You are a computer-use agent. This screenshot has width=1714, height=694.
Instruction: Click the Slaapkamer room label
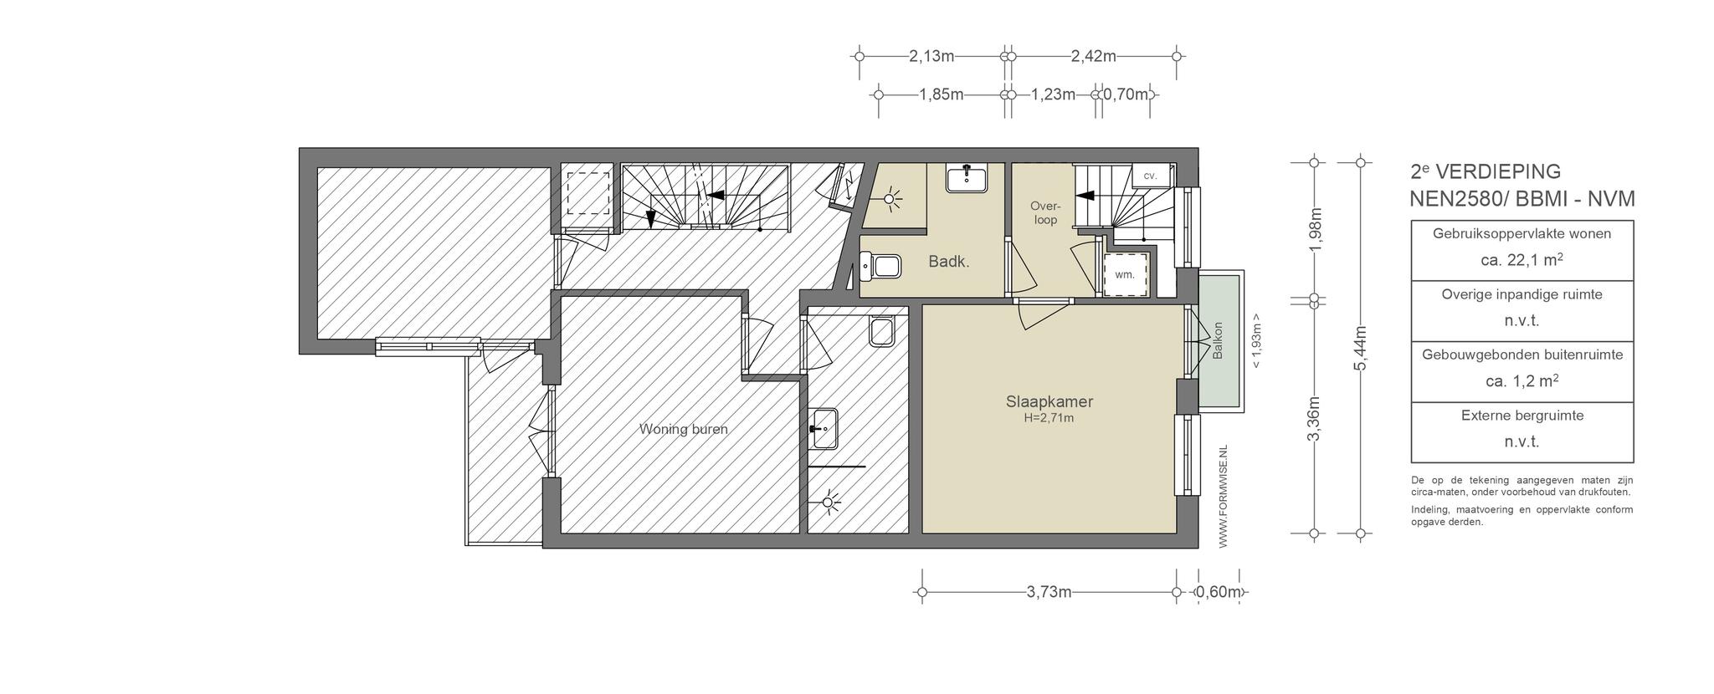click(x=1049, y=402)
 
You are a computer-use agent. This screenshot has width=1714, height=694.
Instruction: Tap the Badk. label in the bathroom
click(x=949, y=262)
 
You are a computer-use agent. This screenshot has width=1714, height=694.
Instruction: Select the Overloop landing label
click(x=1045, y=213)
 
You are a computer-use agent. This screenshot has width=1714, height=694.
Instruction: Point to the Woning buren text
click(x=683, y=430)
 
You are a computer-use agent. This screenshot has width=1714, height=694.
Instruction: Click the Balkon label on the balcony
click(x=1218, y=341)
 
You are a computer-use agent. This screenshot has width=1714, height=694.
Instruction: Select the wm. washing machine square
click(x=1125, y=274)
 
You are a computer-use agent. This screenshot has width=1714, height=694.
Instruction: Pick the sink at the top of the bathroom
click(x=966, y=178)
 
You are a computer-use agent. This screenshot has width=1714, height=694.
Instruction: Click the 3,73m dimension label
click(x=1049, y=593)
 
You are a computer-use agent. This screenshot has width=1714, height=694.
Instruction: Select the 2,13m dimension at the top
click(x=931, y=57)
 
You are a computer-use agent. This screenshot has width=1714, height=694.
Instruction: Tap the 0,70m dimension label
click(x=1126, y=94)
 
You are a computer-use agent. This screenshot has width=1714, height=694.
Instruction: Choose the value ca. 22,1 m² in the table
click(x=1522, y=260)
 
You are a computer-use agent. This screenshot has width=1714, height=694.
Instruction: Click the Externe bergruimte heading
click(x=1522, y=416)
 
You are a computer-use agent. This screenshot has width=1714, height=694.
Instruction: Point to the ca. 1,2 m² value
click(x=1522, y=381)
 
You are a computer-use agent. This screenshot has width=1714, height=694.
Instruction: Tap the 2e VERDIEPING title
click(x=1486, y=171)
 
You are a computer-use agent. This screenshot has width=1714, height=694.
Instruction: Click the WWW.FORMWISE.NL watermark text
click(x=1223, y=497)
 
